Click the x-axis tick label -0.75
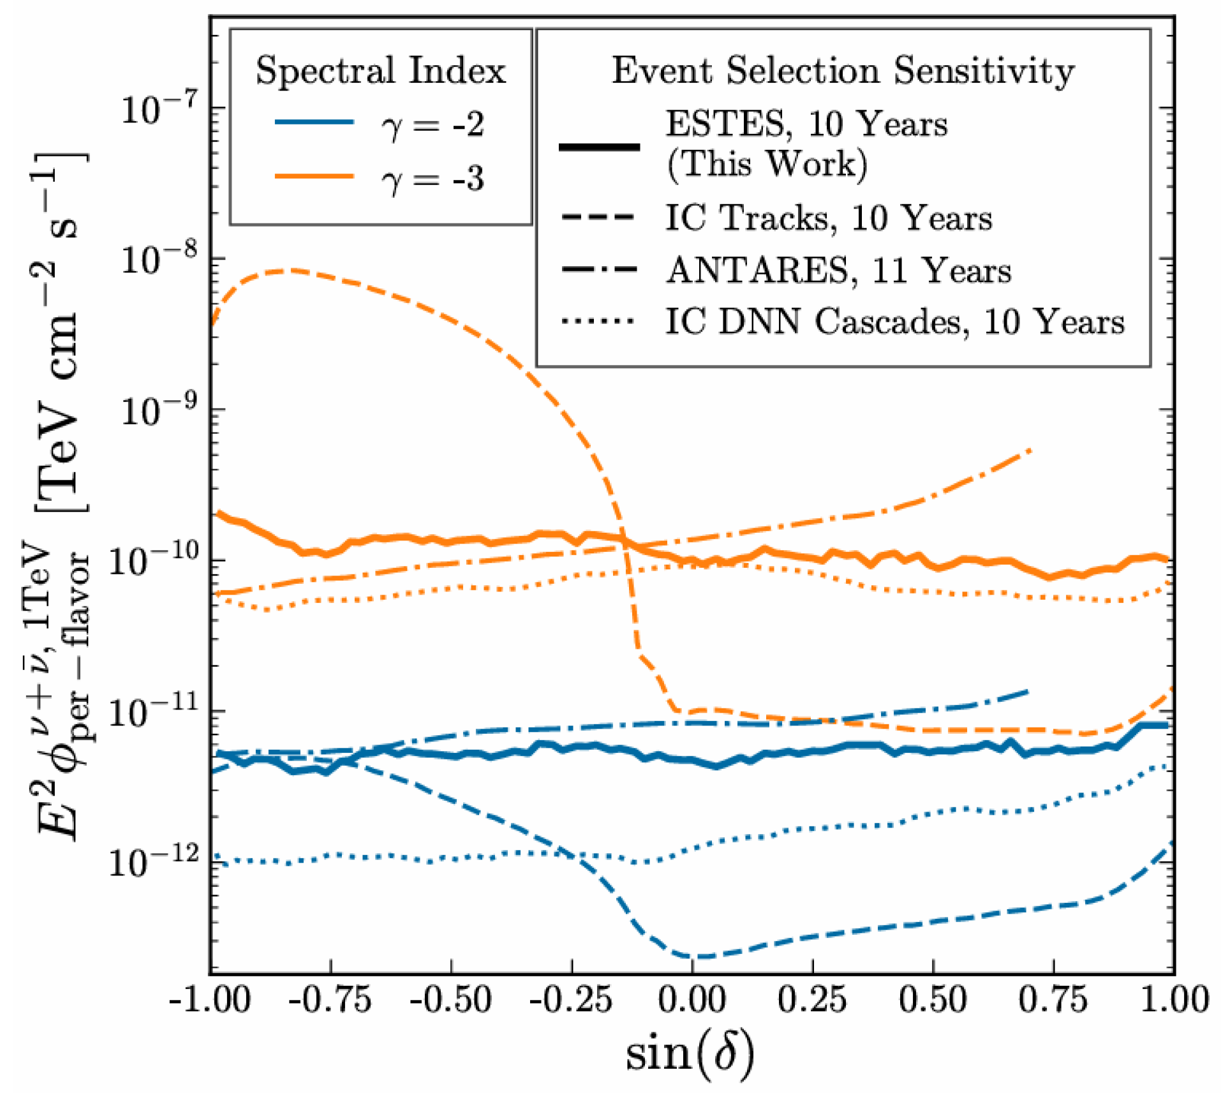(330, 1000)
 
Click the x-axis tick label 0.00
(692, 1000)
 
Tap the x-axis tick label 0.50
(933, 1000)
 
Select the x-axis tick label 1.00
(1174, 1000)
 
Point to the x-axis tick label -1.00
(210, 1000)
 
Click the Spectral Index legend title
(381, 70)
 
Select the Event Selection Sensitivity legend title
(843, 70)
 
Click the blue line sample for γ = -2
(314, 121)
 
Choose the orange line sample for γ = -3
(314, 175)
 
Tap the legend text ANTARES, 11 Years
(839, 271)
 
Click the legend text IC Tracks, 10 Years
(829, 219)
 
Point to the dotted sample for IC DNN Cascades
(598, 321)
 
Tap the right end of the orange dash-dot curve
(1031, 451)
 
